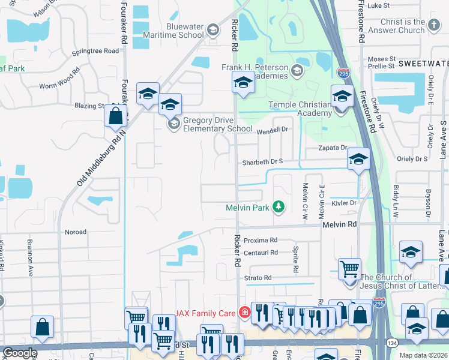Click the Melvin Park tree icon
click(278, 207)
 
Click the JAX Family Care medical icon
click(244, 312)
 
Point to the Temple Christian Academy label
click(300, 109)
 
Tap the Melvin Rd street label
click(339, 224)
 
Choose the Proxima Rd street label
click(260, 240)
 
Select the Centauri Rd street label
click(261, 253)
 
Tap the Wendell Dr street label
click(273, 130)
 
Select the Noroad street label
click(75, 232)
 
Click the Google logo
click(19, 353)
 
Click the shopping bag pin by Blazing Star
click(115, 115)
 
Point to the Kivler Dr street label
click(344, 203)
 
